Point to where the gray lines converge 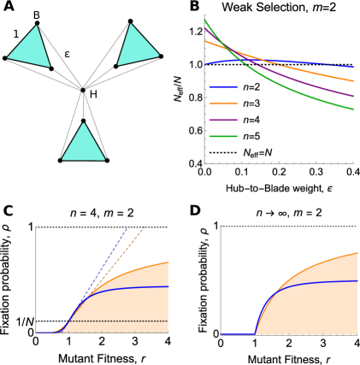(x=82, y=88)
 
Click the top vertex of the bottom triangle (x=83, y=124)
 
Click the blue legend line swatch (x=222, y=87)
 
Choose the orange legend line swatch (x=222, y=103)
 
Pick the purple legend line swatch (x=222, y=120)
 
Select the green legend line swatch (x=222, y=136)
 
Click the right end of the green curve (x=353, y=109)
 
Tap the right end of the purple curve (x=353, y=96)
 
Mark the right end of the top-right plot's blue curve (x=353, y=67)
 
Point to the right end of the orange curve (x=353, y=81)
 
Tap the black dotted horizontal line (x=128, y=321)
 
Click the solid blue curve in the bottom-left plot (x=128, y=288)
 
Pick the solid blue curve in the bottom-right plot (x=316, y=282)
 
